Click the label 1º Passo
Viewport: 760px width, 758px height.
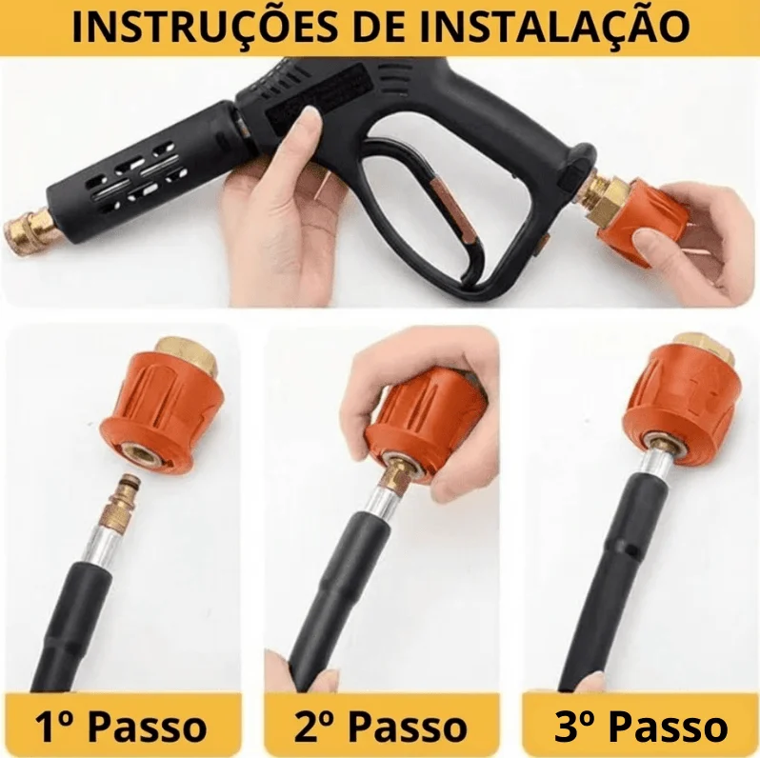120,726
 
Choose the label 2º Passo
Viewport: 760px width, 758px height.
381,726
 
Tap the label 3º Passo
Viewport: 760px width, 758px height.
641,726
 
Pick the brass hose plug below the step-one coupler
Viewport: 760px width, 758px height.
118,501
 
